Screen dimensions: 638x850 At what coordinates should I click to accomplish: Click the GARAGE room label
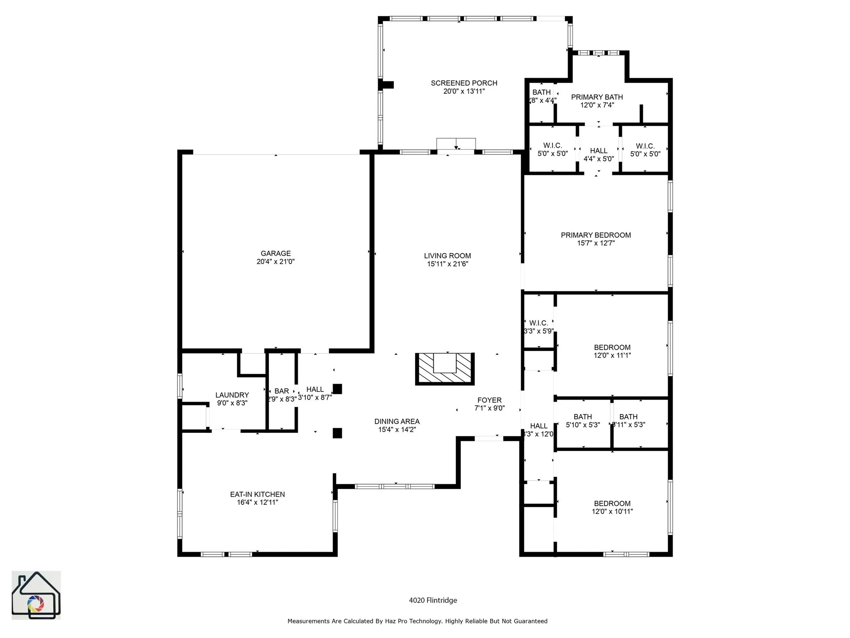point(276,253)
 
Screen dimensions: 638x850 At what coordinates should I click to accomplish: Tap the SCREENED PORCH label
point(464,83)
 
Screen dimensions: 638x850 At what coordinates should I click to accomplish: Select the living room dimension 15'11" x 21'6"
point(447,264)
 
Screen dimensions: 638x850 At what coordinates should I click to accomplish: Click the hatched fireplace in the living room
point(445,369)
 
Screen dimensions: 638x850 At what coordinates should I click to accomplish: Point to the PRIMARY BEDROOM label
point(596,235)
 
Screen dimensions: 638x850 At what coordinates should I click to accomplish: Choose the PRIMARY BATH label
point(596,97)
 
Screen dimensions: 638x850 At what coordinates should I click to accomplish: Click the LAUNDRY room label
point(232,395)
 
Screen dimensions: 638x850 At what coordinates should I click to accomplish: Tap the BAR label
point(281,391)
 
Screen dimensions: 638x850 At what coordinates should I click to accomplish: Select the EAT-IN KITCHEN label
point(257,494)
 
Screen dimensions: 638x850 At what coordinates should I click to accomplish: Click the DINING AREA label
point(397,422)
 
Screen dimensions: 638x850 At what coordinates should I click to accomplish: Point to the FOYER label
point(489,400)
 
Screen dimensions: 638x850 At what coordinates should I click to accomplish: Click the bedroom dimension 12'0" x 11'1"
point(612,356)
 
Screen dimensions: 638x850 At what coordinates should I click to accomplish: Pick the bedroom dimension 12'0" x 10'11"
point(612,512)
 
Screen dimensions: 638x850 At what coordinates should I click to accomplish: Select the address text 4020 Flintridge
point(433,600)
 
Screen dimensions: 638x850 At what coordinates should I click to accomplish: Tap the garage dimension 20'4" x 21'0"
point(276,262)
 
